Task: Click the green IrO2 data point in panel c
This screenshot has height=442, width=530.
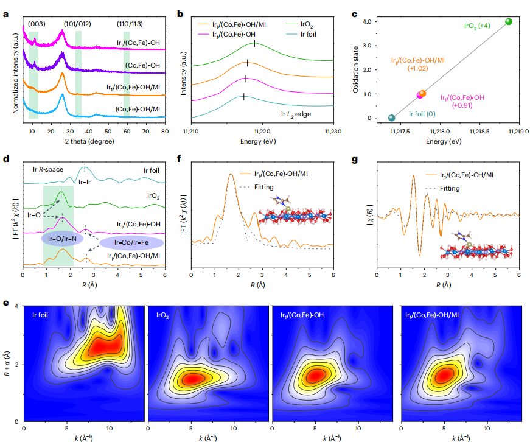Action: pos(509,22)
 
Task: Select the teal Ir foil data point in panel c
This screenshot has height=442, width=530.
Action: pos(391,118)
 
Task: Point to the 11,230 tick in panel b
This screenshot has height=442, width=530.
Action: pos(333,131)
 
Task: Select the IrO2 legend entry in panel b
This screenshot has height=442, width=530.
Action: pos(304,24)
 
